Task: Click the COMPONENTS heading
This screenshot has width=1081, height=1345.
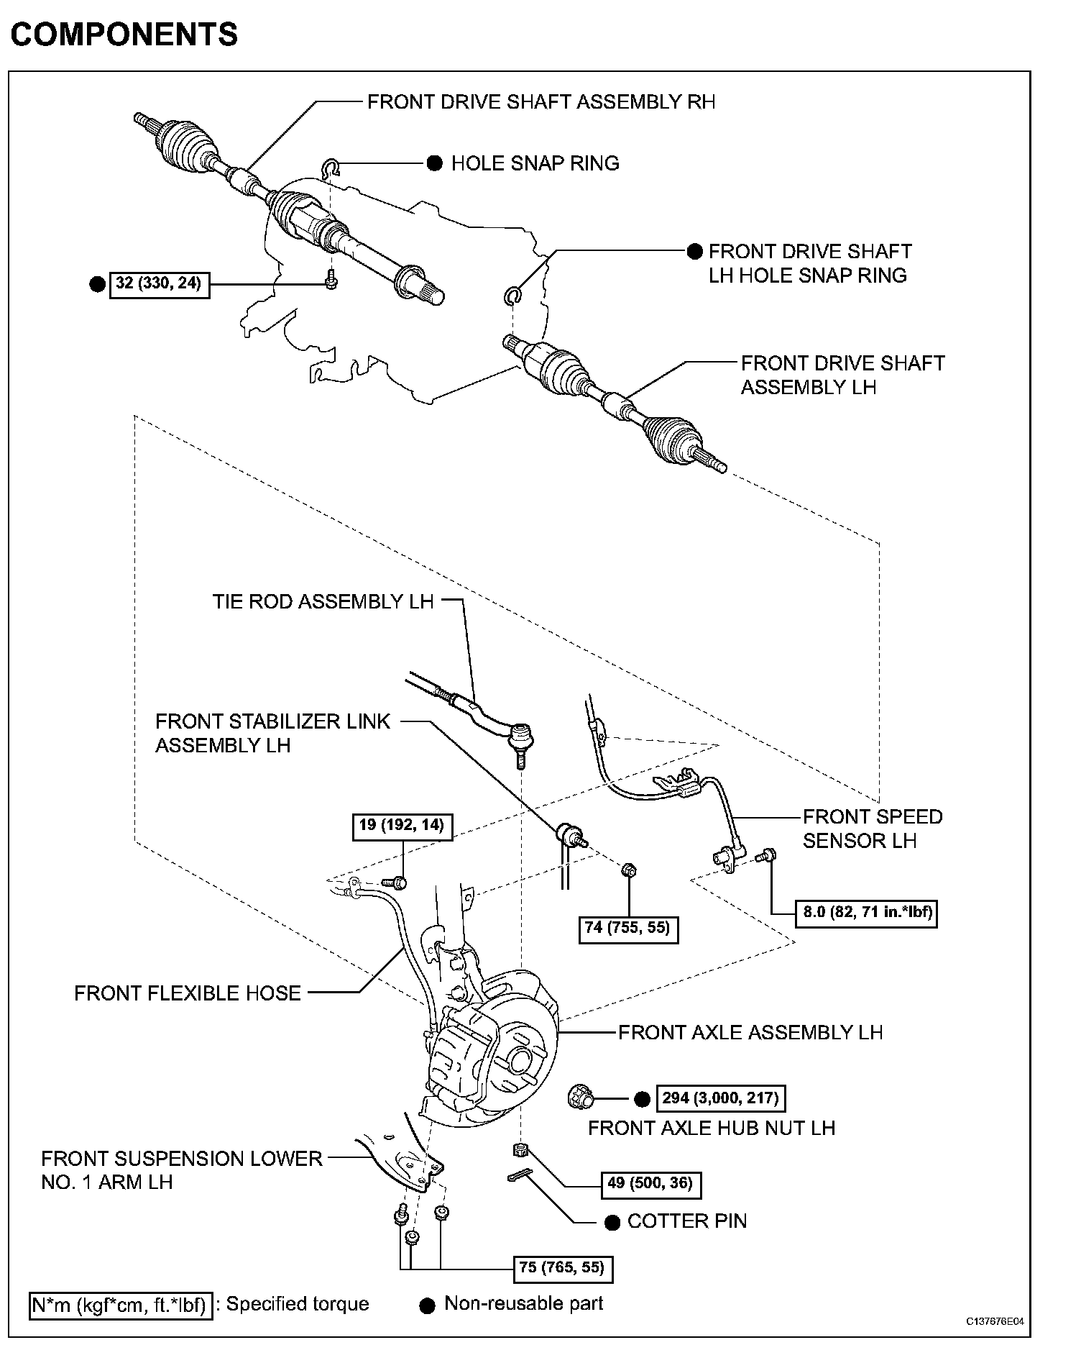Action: coord(124,34)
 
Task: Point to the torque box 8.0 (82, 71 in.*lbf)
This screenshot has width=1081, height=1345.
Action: coord(867,913)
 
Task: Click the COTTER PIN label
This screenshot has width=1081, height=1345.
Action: coord(687,1221)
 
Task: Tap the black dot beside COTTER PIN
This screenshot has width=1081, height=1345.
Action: coord(612,1222)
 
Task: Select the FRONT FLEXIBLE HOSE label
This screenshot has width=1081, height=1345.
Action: coord(188,993)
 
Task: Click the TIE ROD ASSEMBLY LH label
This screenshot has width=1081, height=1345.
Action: coord(323,601)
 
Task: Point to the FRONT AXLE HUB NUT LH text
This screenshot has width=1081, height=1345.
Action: coord(712,1127)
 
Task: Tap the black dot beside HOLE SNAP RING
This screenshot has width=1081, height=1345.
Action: coord(435,163)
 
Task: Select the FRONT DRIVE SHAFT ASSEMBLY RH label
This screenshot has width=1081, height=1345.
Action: coord(541,101)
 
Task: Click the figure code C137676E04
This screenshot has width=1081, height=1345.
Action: coord(995,1321)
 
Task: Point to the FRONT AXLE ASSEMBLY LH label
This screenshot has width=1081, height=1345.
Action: coord(750,1032)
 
